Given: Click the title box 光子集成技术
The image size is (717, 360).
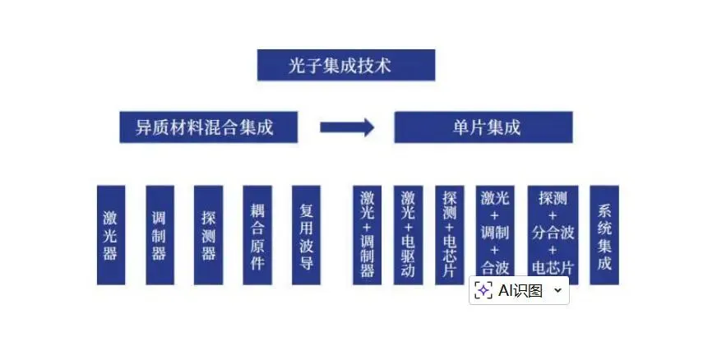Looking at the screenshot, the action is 345,66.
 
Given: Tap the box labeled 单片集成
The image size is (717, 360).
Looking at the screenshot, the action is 483,127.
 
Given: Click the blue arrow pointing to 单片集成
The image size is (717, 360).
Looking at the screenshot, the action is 346,127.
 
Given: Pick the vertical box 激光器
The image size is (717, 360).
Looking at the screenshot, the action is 111,235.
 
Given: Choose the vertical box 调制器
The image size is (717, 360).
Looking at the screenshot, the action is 160,235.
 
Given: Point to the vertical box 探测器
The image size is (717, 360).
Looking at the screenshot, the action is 209,235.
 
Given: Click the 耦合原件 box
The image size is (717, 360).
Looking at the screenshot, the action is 257,235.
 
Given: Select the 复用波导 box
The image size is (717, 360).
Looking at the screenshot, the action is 306,235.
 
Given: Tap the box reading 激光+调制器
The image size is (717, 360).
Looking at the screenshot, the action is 367,235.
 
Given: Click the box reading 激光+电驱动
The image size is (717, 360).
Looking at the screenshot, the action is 408,235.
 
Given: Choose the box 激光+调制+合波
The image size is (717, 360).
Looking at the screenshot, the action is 495,230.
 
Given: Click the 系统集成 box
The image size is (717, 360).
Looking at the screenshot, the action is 604,235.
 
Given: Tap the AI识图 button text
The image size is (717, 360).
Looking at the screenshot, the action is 520,290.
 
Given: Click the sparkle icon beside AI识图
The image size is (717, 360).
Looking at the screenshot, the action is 484,290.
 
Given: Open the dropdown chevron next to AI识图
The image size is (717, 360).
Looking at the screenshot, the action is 557,290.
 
